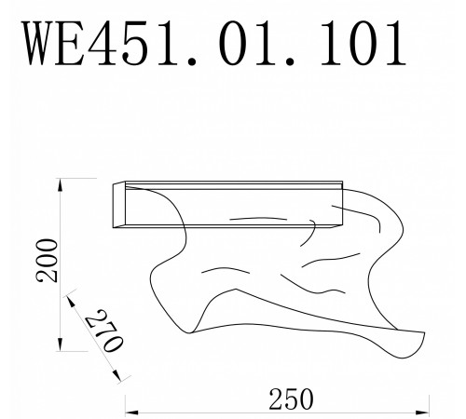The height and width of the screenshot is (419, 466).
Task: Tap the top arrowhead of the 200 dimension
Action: [x=62, y=181]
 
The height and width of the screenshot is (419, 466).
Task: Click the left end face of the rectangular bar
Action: [x=120, y=203]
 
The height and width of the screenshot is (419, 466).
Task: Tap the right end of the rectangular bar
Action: [x=341, y=205]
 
